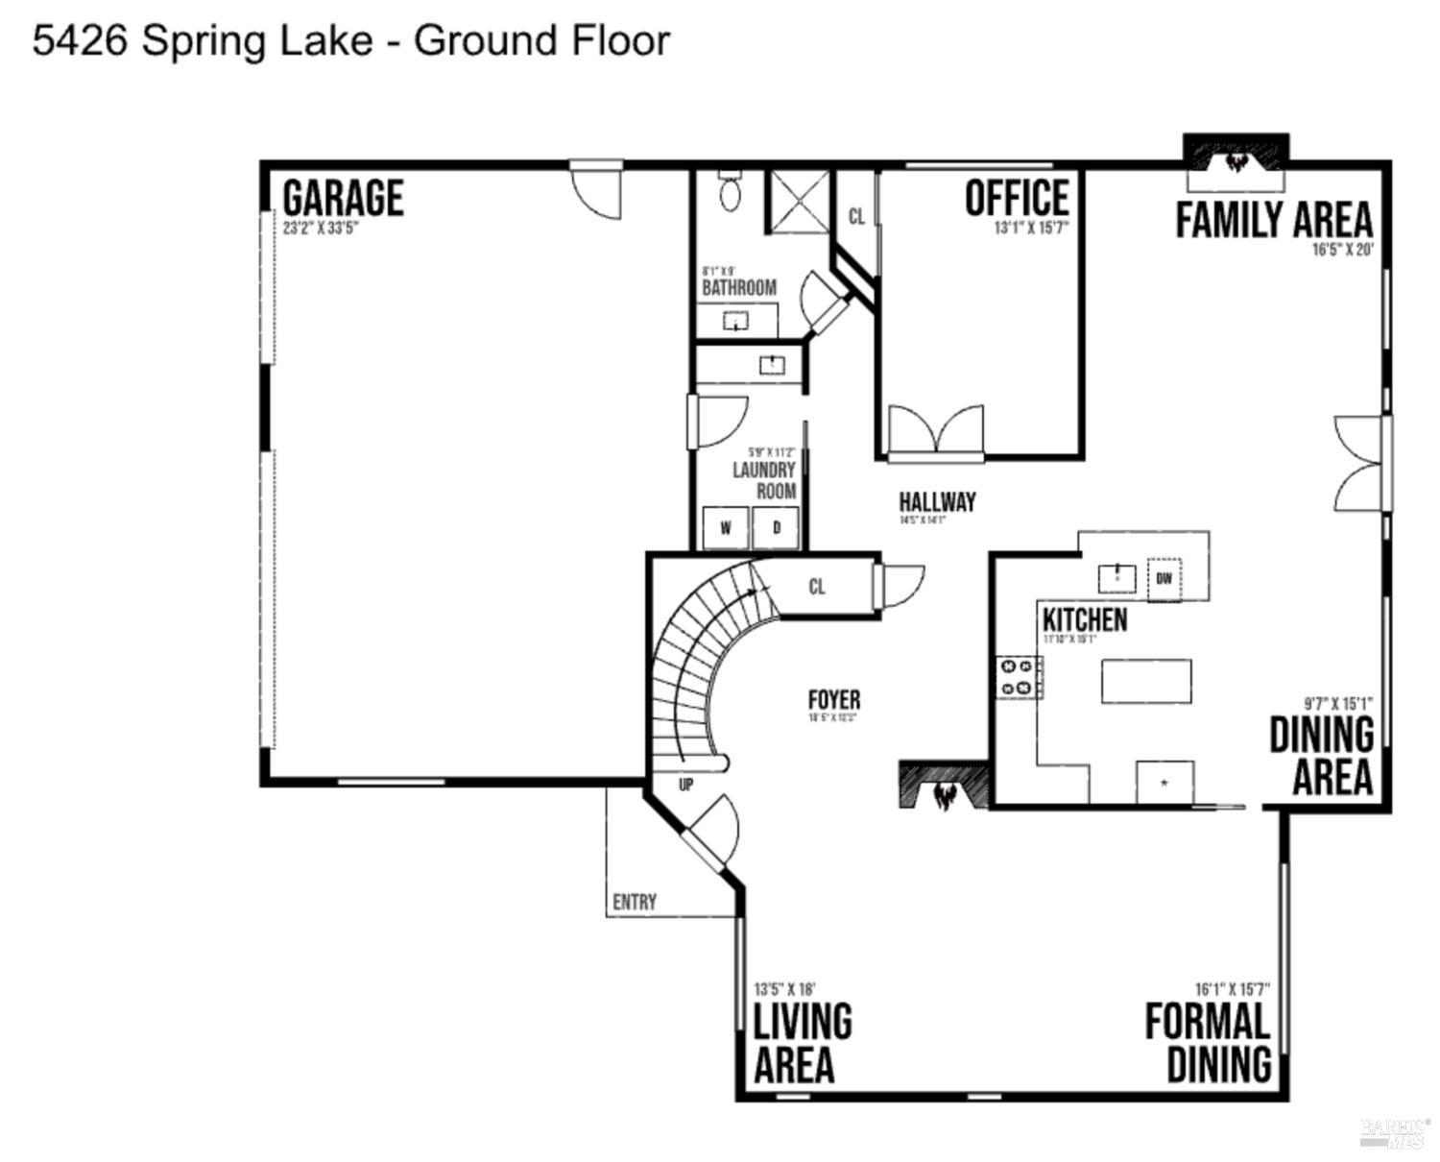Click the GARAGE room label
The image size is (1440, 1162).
pos(343,199)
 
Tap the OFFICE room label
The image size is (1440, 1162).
pos(1017,199)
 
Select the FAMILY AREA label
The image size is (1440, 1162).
pos(1274,220)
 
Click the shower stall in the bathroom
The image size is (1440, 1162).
pos(796,202)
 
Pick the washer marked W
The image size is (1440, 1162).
pos(726,527)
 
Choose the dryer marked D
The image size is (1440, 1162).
pos(776,527)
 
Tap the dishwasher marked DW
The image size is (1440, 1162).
pos(1164,578)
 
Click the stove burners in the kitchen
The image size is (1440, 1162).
pos(1020,676)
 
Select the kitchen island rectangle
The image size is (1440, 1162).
pos(1146,681)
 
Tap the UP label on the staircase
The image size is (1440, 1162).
pos(685,785)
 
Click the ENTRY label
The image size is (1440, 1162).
pos(635,902)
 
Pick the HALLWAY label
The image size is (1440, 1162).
pos(937,501)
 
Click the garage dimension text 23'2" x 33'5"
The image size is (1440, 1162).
pos(321,229)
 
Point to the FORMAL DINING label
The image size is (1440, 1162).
pos(1210,1043)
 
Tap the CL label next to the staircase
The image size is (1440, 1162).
pos(816,587)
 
